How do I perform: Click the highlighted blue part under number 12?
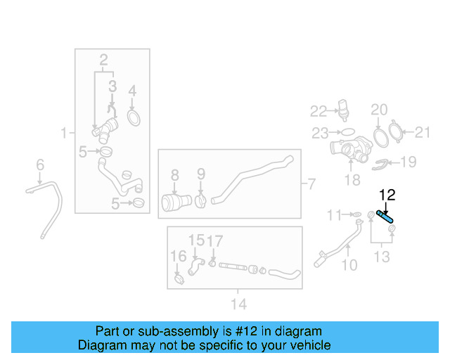click(385, 217)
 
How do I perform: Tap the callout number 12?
click(387, 195)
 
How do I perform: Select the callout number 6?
click(40, 165)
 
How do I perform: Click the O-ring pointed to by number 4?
click(134, 118)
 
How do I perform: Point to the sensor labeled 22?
click(344, 110)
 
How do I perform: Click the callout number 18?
click(352, 180)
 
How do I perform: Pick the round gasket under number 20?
click(381, 139)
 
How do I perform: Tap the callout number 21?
click(422, 132)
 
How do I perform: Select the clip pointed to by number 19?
click(380, 165)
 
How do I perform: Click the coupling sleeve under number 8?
click(176, 202)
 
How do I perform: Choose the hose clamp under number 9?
click(200, 200)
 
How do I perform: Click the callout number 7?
click(311, 184)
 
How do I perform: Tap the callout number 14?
click(239, 304)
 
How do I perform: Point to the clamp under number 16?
click(179, 279)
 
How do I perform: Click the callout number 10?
click(349, 265)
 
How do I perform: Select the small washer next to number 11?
click(356, 214)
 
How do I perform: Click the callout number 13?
click(382, 257)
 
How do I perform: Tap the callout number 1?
click(64, 133)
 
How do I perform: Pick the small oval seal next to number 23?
click(347, 132)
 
